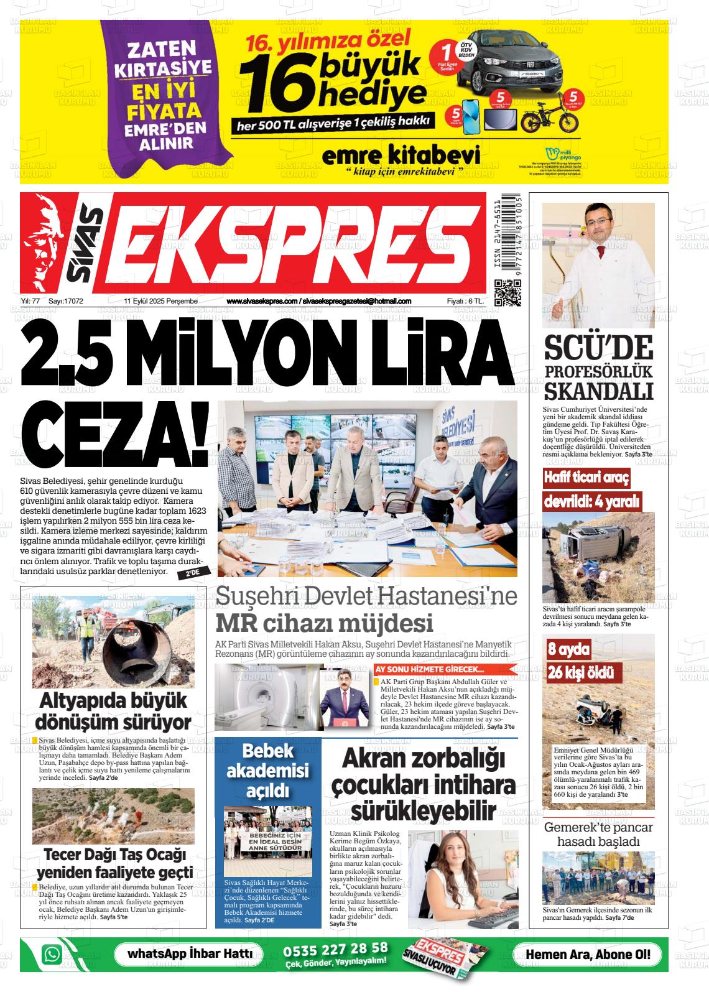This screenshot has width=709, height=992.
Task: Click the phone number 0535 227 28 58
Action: tap(336, 949)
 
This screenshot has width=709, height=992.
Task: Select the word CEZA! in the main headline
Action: tap(118, 439)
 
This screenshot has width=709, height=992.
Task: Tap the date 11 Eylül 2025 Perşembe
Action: tap(160, 302)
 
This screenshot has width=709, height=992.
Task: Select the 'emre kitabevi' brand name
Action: tap(401, 155)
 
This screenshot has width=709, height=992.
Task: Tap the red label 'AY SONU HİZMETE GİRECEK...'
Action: tap(438, 670)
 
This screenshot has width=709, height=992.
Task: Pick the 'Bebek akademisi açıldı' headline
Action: tap(267, 771)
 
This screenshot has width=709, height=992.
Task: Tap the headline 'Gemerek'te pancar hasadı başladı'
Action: tap(598, 835)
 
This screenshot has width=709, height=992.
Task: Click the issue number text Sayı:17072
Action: tap(66, 302)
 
